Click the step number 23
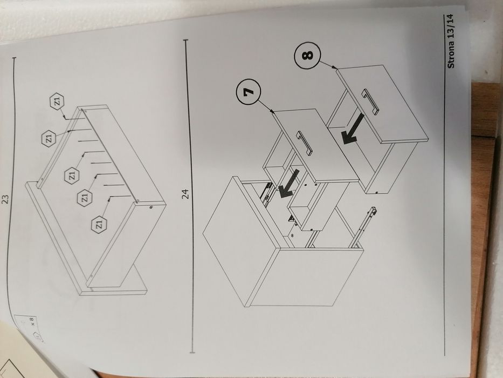pyautogui.click(x=5, y=199)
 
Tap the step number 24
pyautogui.click(x=185, y=194)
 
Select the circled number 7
pyautogui.click(x=249, y=92)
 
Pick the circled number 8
pyautogui.click(x=307, y=55)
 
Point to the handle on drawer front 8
pyautogui.click(x=371, y=102)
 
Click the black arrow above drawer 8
pyautogui.click(x=353, y=130)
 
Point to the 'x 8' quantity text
pyautogui.click(x=31, y=322)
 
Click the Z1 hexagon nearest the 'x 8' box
pyautogui.click(x=99, y=224)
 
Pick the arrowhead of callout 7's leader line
pyautogui.click(x=273, y=112)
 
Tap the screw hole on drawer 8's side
pyautogui.click(x=376, y=192)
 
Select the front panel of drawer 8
pyautogui.click(x=382, y=103)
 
